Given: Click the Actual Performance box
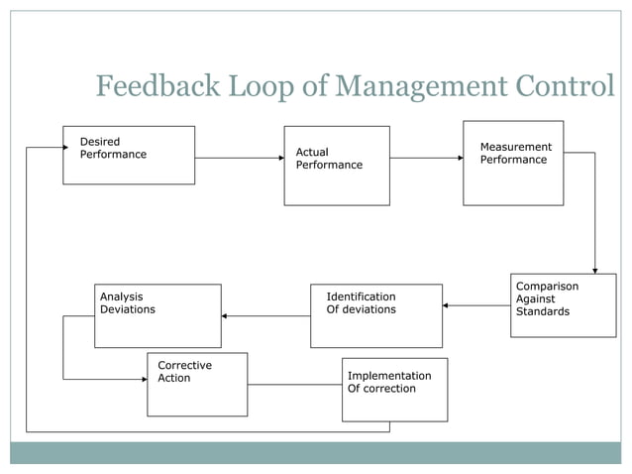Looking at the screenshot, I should coord(336,166).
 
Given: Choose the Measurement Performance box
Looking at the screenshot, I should coord(513,163).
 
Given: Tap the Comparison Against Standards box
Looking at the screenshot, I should coord(563,304).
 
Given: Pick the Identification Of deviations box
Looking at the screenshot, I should coord(375,315).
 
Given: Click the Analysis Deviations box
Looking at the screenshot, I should coord(158,315).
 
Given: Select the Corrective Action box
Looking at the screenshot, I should coord(197,384).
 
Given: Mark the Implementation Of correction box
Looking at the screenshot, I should coord(394,389).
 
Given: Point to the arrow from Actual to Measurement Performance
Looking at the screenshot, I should coord(426,158).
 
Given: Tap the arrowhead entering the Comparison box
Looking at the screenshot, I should coord(595,269).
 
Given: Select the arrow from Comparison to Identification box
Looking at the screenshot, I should coord(476,305).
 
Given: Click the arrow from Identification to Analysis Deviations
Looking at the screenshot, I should coord(265,316).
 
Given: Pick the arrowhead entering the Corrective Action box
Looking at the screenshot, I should coord(143,379).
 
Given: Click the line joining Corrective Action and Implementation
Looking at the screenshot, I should coord(294,384).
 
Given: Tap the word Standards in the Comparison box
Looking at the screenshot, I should coord(543,312).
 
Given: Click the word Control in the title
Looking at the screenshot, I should coord(568,87).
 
